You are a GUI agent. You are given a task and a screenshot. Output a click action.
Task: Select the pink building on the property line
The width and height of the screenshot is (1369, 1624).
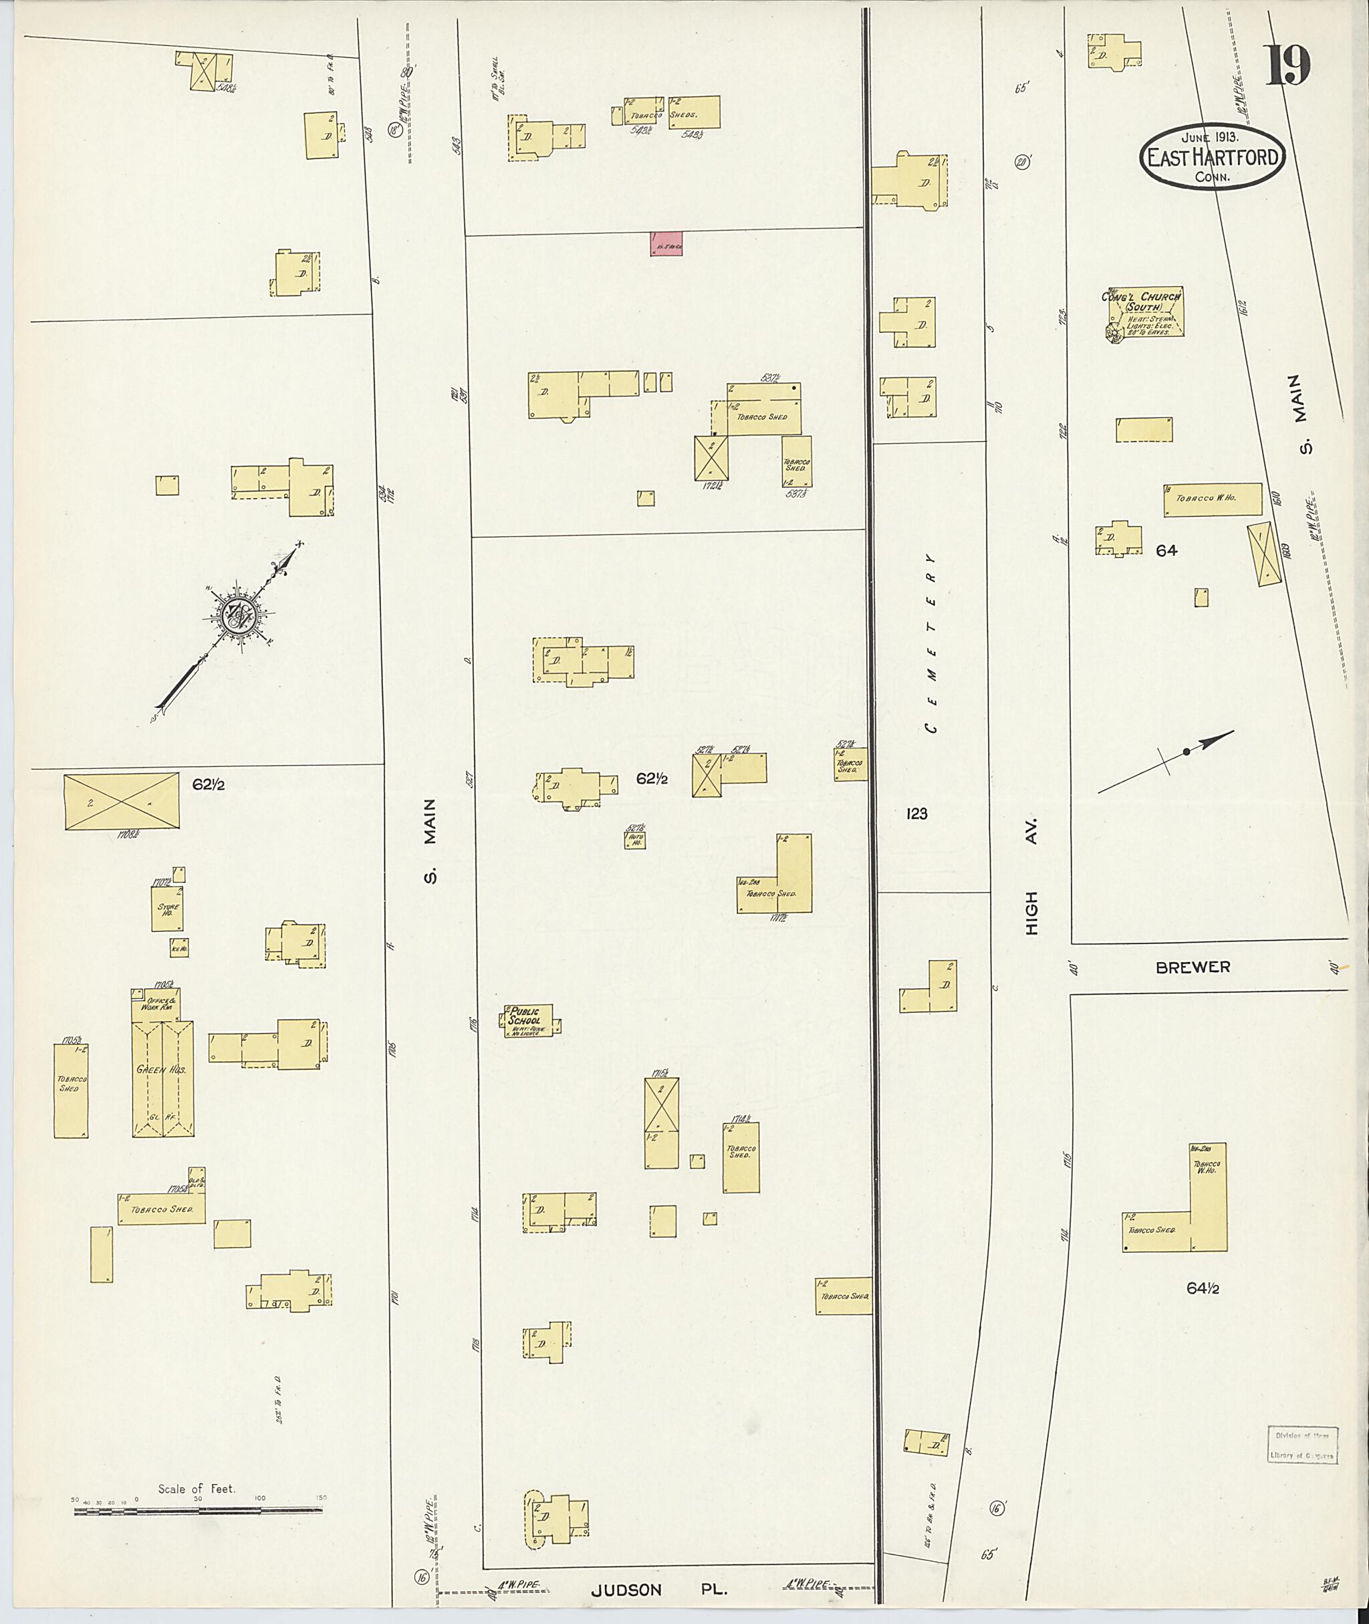pos(666,244)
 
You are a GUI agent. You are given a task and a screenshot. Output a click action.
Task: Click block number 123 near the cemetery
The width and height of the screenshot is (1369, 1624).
pos(916,814)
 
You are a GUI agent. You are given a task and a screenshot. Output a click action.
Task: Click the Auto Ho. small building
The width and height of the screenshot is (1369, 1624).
pos(636,839)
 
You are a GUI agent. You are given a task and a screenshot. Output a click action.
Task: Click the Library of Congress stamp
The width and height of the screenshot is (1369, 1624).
pos(1302,1444)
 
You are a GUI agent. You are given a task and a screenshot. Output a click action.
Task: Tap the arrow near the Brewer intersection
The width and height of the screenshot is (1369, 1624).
pos(1166,761)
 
